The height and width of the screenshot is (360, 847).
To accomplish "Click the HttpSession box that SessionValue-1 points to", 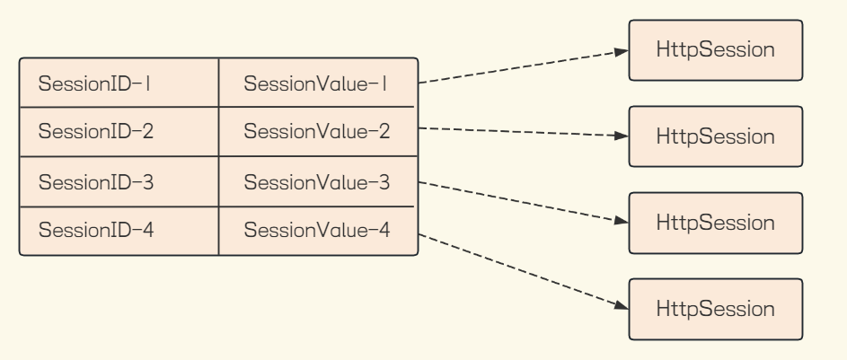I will (x=715, y=50).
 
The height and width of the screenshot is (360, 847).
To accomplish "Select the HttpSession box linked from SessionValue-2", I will (x=715, y=136).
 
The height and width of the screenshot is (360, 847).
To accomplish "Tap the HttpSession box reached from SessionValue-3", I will (x=715, y=222).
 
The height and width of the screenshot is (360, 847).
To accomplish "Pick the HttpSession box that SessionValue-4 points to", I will (x=715, y=309).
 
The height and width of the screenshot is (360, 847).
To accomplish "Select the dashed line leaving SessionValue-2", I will (x=521, y=132).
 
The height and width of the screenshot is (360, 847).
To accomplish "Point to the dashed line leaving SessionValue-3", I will (x=521, y=201).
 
